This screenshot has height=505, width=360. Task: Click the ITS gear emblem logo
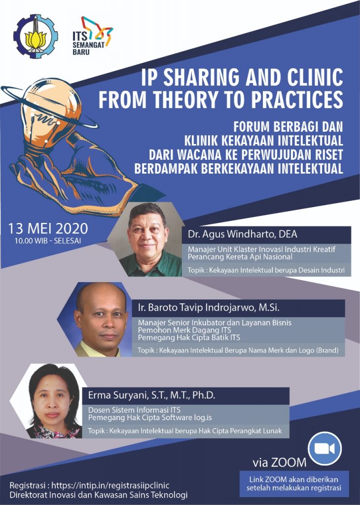point(36,36)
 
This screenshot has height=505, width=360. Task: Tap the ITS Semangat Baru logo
point(92,36)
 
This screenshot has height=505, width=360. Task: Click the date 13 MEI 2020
point(48,228)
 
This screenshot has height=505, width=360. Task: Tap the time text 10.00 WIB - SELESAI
point(48,241)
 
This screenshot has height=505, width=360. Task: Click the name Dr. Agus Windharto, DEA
point(243,234)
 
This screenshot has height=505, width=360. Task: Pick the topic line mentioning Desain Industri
point(266,270)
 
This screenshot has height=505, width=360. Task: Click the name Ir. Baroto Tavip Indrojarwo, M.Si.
point(209,308)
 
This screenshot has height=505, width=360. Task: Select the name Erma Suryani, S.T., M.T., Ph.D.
point(152,395)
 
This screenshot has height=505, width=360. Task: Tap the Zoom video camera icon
point(324,448)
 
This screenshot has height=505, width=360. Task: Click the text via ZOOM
point(279,463)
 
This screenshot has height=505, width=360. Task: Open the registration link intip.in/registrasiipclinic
point(110,485)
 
